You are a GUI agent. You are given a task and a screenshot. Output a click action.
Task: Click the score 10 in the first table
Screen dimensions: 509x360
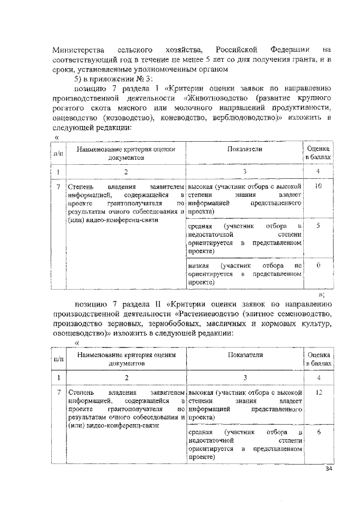point(318,185)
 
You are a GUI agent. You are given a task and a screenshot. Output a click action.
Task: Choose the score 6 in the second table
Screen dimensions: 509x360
point(318,432)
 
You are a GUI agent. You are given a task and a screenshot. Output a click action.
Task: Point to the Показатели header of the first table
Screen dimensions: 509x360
point(245,149)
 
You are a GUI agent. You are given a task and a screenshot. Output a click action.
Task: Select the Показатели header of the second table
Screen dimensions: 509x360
point(245,355)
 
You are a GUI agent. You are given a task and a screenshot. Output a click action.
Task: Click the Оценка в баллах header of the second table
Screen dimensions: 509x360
point(319,361)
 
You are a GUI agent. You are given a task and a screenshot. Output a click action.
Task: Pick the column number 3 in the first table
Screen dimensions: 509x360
point(245,172)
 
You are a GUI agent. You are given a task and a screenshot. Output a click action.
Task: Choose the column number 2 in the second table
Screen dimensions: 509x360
point(127,378)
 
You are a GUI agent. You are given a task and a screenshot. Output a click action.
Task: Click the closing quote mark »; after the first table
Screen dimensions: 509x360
point(321,294)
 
